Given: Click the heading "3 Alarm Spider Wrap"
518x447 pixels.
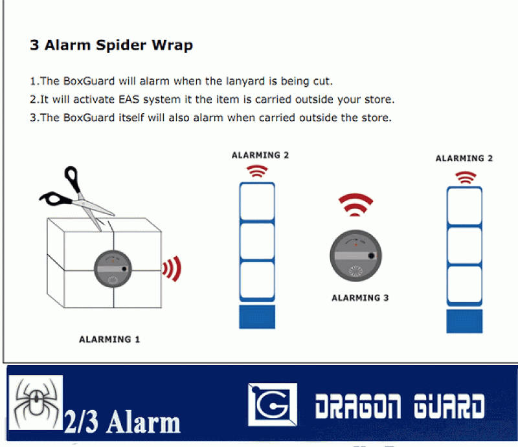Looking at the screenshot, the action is [111, 45].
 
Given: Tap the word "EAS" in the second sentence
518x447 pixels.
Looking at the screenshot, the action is [129, 100].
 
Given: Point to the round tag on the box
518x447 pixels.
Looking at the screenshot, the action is [113, 269].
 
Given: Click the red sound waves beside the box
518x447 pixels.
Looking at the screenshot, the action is [172, 268].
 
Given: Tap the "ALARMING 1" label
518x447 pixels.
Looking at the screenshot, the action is [109, 340].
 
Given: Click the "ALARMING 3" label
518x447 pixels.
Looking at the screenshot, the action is [360, 298].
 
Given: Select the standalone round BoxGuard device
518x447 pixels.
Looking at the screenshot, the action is [355, 256].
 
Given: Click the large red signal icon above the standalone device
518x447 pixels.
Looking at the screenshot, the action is [355, 204].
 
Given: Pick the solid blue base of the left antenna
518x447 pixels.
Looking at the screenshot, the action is [257, 317].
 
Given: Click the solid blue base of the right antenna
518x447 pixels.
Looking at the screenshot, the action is [464, 322].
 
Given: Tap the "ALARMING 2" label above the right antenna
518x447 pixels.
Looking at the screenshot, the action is [464, 158].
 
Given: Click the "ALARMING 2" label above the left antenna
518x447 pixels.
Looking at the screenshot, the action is [260, 155].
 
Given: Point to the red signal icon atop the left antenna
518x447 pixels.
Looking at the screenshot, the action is [257, 171].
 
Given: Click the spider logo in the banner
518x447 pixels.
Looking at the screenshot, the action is [36, 403].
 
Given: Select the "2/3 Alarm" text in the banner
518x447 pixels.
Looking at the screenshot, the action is [122, 422].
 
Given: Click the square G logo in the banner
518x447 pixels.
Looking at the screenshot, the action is [273, 404].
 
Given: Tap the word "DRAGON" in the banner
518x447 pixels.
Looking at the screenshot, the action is [358, 406].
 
